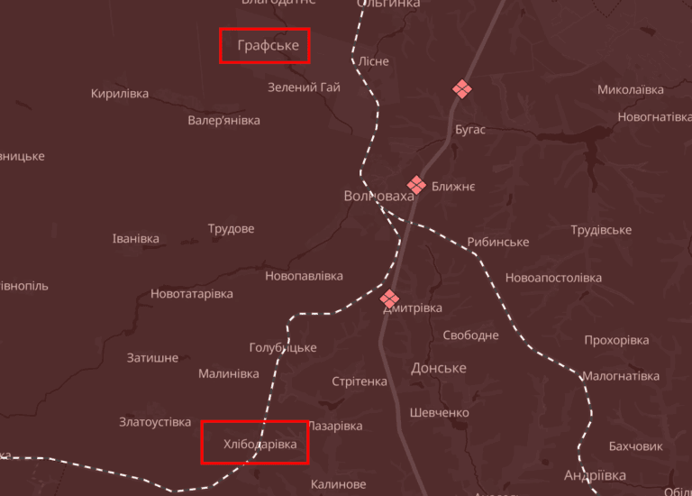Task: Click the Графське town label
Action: point(268,45)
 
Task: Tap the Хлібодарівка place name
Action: point(260,444)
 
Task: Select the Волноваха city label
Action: point(378,196)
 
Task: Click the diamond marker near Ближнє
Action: point(416,184)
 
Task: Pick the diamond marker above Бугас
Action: point(462,88)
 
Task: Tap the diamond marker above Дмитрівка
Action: point(389,298)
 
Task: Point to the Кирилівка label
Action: point(120,94)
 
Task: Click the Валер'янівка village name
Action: point(223,120)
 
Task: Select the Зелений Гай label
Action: point(304,87)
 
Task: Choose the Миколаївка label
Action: point(631,90)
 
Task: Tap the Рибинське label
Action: point(497,243)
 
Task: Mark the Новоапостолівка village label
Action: point(553,278)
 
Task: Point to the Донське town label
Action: point(438,368)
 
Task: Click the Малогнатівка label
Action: point(620,376)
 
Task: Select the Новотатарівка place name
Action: point(191,294)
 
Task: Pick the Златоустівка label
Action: point(155,422)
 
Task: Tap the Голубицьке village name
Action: point(283,348)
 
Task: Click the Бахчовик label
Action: point(635,446)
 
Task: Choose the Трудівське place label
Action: point(601,230)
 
